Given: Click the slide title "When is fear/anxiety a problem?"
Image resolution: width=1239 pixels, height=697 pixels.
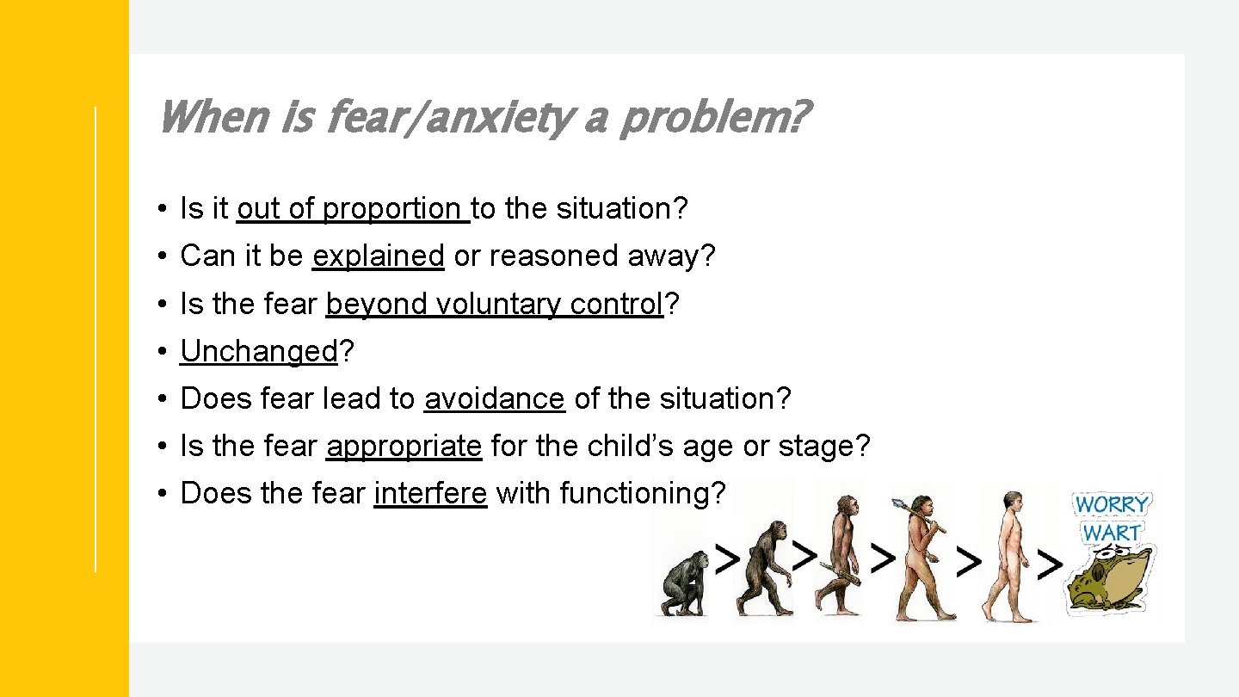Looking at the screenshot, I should (482, 118).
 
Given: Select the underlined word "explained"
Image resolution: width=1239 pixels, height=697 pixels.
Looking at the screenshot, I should (378, 256).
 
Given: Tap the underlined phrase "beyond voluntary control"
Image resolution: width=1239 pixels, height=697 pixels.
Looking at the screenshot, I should (494, 304).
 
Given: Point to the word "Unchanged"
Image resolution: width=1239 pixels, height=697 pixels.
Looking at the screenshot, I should (258, 351).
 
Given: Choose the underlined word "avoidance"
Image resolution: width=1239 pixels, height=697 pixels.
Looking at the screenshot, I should (494, 398).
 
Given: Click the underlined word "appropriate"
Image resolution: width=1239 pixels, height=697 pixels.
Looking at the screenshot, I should (403, 446).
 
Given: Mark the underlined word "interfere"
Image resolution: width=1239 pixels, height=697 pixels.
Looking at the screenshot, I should (430, 493).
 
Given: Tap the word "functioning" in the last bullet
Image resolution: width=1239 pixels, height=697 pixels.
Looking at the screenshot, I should (633, 493).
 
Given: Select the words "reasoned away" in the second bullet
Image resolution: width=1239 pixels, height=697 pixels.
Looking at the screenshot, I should (584, 256).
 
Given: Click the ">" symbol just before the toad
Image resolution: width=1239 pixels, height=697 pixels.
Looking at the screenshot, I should (1049, 564).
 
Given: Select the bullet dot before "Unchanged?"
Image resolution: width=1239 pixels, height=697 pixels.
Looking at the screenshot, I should (162, 352).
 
